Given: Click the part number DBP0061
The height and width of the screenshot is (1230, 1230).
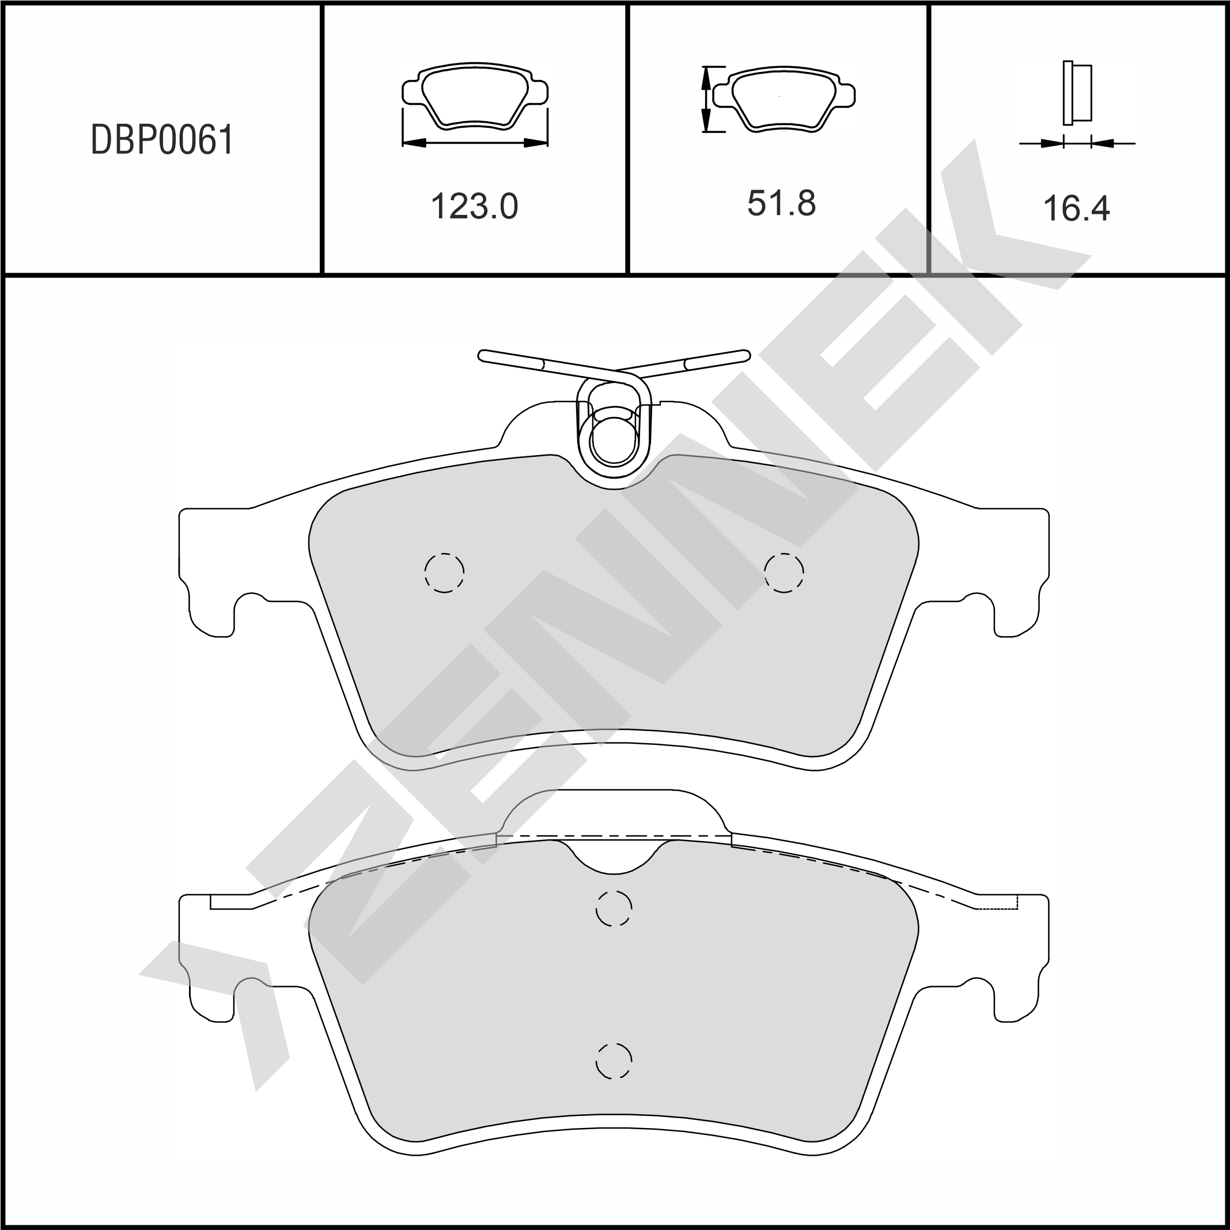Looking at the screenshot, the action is coord(162,140).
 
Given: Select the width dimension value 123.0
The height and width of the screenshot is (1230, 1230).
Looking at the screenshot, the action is coord(474,206).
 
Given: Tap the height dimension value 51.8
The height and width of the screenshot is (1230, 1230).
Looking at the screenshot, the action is coord(781,204).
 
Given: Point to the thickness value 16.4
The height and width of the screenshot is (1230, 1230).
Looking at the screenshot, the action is coord(1077,208).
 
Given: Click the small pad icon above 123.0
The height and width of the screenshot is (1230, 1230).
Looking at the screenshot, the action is coord(475,96).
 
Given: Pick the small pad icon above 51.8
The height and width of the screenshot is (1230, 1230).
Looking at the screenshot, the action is coord(784,98).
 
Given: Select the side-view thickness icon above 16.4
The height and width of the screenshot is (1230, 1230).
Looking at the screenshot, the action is coord(1077,93).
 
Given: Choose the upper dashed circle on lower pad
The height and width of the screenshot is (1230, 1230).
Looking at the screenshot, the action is coord(614,909).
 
